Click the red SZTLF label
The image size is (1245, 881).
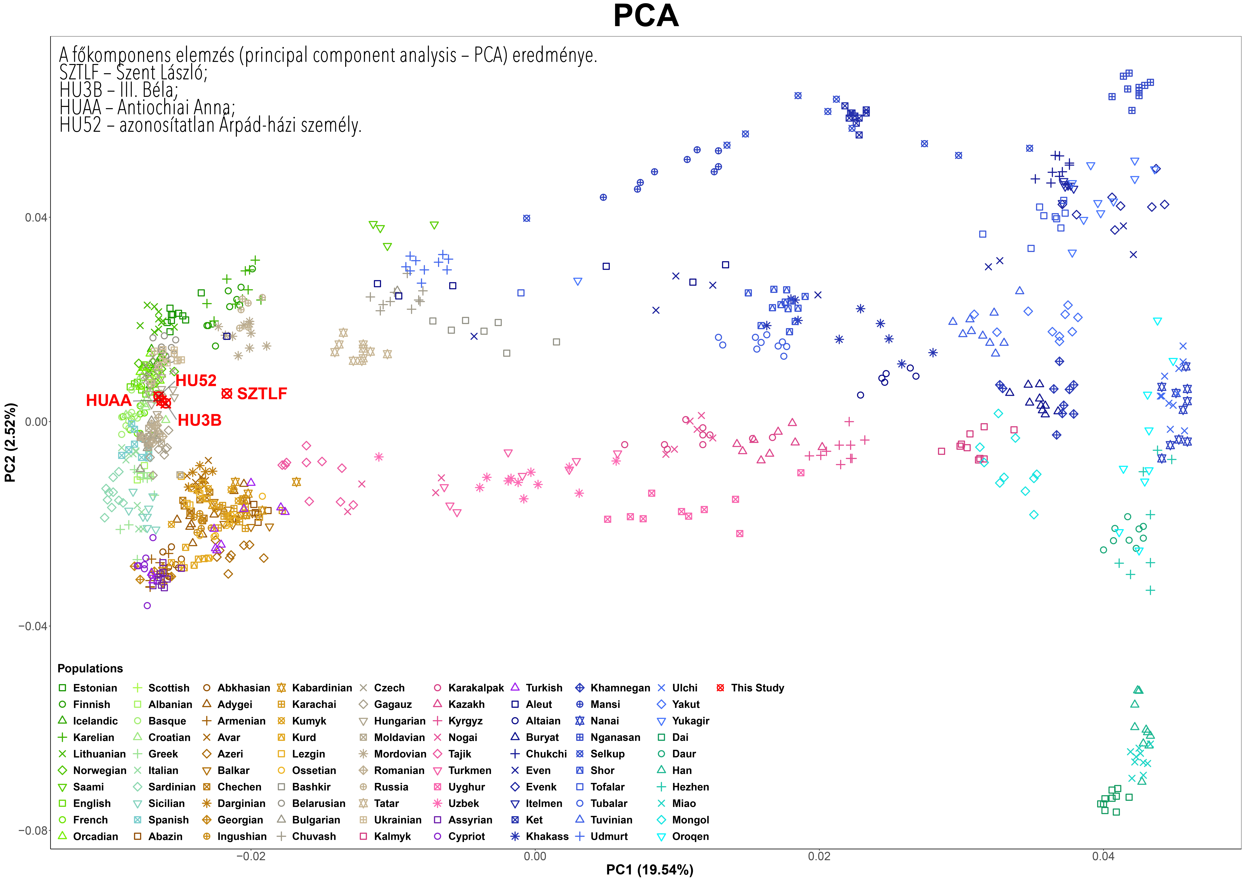tap(262, 393)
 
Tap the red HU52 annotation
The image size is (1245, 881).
tap(196, 380)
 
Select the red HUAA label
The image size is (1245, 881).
tap(109, 400)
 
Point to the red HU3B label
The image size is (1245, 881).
tap(200, 420)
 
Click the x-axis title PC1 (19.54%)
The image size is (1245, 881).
tap(650, 870)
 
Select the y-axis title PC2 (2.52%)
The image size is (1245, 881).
tap(10, 442)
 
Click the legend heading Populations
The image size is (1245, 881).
tap(90, 668)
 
